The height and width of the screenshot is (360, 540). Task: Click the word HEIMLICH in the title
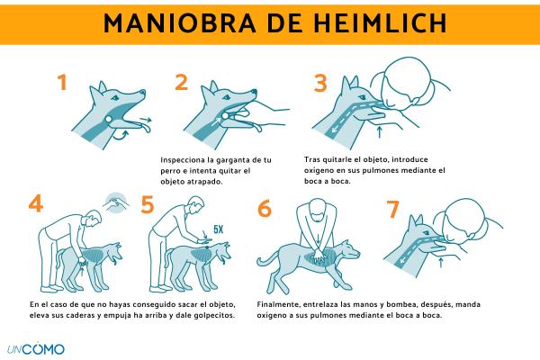pos(380,23)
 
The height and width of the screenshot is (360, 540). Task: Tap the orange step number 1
pos(62,83)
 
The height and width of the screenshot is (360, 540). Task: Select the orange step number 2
pos(182,83)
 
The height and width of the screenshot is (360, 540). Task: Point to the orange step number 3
pos(320,84)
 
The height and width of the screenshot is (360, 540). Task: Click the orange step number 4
pos(36,203)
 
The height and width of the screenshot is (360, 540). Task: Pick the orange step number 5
pos(148,204)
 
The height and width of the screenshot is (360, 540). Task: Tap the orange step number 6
pos(265,209)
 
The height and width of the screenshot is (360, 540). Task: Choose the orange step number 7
pos(393,210)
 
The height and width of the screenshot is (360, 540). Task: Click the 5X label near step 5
pos(219,229)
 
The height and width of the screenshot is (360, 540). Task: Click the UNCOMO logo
pos(36,349)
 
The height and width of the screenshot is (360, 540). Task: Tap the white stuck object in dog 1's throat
pos(109,119)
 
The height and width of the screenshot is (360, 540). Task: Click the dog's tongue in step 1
pos(144,128)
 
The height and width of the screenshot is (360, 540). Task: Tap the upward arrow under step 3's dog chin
pos(380,132)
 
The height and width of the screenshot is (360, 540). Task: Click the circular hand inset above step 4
pos(116,203)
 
